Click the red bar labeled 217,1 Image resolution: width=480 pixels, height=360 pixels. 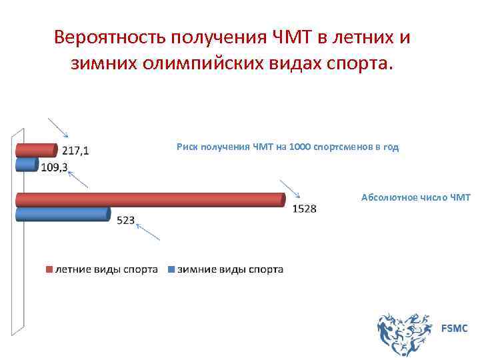(x=37, y=149)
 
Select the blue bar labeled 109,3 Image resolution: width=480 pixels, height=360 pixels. (x=27, y=164)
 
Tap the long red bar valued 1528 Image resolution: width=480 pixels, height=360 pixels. (x=150, y=199)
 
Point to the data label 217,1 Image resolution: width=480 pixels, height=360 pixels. (x=75, y=151)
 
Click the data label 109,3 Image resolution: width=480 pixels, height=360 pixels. (x=55, y=167)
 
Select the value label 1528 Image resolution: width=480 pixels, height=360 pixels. (x=304, y=209)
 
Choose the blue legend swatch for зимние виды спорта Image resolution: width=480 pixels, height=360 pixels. (x=171, y=270)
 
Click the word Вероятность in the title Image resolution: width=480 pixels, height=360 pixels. (x=109, y=37)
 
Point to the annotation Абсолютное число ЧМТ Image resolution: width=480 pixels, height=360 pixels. (x=415, y=197)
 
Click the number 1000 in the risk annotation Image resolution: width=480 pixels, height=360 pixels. (x=300, y=147)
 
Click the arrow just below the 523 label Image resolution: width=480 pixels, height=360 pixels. (x=148, y=231)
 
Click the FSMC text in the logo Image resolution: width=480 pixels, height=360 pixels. (x=454, y=328)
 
